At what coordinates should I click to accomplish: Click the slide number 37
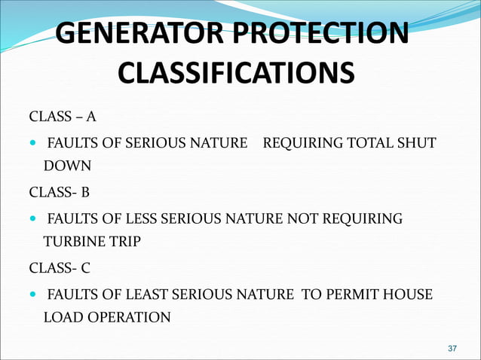pos(452,349)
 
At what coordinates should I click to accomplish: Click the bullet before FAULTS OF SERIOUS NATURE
pos(32,142)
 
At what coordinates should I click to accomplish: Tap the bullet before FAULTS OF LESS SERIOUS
pos(32,218)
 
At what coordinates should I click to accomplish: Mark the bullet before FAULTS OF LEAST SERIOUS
pos(32,294)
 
